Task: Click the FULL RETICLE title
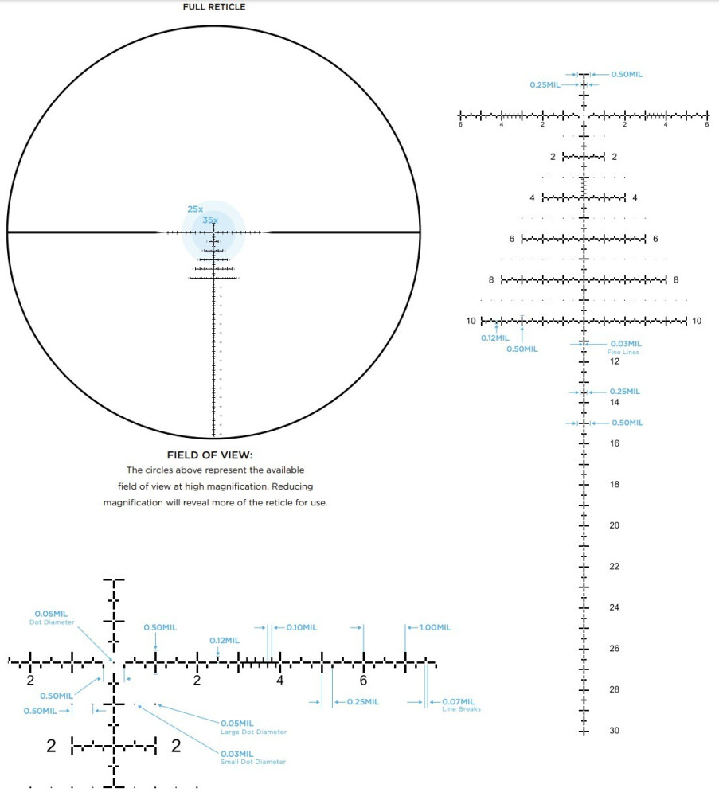pyautogui.click(x=214, y=7)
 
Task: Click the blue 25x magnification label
pyautogui.click(x=195, y=209)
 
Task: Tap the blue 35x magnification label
pyautogui.click(x=209, y=220)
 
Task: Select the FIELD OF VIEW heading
pyautogui.click(x=209, y=455)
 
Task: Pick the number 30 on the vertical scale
pyautogui.click(x=615, y=731)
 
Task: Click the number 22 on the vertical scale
pyautogui.click(x=615, y=567)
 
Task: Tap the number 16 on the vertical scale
pyautogui.click(x=615, y=443)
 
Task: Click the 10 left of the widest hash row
pyautogui.click(x=471, y=321)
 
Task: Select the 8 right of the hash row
pyautogui.click(x=676, y=280)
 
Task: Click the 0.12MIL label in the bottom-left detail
pyautogui.click(x=225, y=640)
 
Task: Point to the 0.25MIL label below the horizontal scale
pyautogui.click(x=362, y=702)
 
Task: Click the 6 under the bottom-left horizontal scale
pyautogui.click(x=363, y=681)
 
